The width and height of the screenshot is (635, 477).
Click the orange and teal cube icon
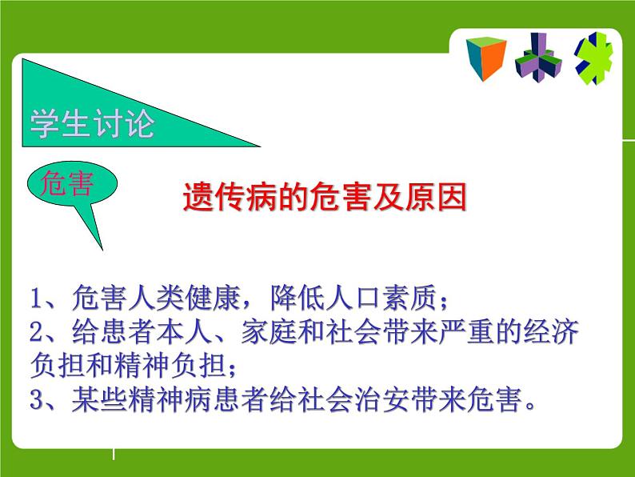point(486,58)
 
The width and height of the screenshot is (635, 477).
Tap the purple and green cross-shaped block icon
point(538,58)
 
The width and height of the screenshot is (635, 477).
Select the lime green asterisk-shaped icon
point(593,58)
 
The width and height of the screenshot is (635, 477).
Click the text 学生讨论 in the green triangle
point(92,123)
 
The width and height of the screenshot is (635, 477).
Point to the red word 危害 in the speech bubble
point(67,183)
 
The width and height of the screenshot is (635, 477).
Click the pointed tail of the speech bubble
point(102,249)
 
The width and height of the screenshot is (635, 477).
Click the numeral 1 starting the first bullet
point(37,299)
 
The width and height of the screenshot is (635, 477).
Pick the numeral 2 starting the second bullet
point(37,332)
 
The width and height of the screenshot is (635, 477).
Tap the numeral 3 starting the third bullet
point(37,399)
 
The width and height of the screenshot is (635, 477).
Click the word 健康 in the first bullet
point(213,298)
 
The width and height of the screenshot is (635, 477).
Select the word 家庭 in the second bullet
point(270,332)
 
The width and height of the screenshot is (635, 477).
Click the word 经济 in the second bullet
point(551,332)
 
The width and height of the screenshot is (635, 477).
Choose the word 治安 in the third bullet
point(382,399)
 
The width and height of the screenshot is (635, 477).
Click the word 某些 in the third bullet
point(100,399)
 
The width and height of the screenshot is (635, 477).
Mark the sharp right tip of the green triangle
point(260,146)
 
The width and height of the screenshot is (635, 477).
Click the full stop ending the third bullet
point(529,406)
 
